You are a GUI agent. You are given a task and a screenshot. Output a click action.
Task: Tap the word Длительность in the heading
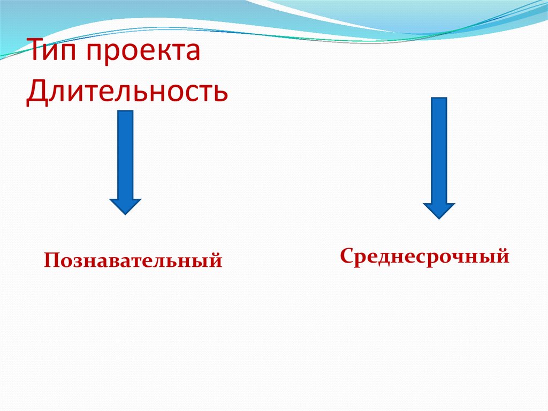pos(127,92)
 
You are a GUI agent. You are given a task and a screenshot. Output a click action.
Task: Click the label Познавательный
pos(133,261)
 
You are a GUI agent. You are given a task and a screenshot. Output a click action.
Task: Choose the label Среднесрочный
pos(424,256)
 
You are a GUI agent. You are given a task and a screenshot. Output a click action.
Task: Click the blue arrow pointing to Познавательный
pos(125,161)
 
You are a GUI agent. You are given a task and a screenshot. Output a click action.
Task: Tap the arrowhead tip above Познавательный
pos(125,213)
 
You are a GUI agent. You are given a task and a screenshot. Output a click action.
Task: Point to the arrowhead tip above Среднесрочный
pos(439,218)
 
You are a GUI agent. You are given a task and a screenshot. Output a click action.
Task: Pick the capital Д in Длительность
pos(37,92)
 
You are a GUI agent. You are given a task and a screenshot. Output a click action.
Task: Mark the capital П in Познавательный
pos(51,261)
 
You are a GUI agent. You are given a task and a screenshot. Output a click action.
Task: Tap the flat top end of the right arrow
pos(439,99)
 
